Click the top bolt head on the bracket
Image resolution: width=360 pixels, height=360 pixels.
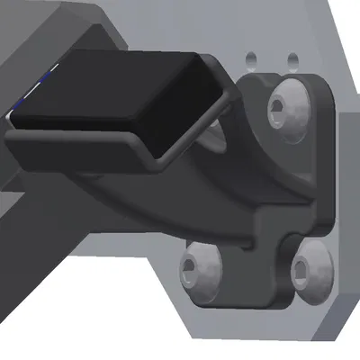click(286, 109)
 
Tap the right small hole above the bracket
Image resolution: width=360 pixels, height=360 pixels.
click(292, 59)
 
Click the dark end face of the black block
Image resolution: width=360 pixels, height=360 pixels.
click(189, 112)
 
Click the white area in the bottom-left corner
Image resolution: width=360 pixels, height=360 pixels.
click(54, 333)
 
